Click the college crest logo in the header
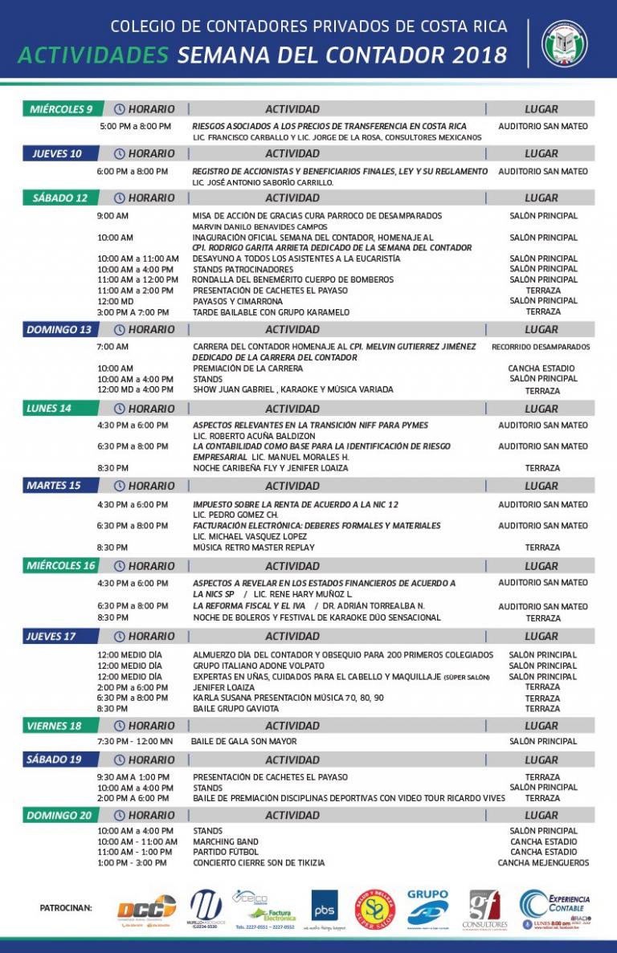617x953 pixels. coord(565,43)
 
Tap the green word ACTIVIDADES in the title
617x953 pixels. coord(92,55)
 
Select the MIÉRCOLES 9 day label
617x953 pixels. coord(61,109)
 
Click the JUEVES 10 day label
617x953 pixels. coord(57,153)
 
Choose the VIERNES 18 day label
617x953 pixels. coord(54,726)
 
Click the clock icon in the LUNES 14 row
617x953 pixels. coord(120,409)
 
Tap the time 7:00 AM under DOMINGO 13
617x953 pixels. coord(112,347)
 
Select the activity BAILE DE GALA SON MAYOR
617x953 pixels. coord(243,742)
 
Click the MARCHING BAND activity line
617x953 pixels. coord(226,841)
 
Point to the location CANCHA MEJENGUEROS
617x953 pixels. coord(543,863)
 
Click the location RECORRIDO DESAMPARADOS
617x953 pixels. coord(541,347)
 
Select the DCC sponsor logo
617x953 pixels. coord(146,909)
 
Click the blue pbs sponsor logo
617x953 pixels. coord(325,905)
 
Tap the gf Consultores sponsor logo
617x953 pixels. coord(484,909)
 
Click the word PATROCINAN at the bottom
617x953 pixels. coord(66,908)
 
